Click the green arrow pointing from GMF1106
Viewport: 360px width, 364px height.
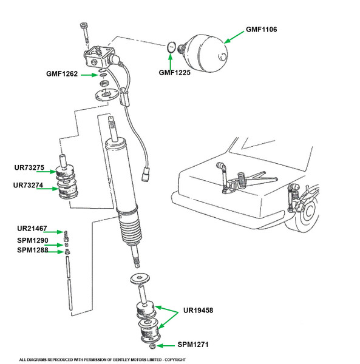click(x=234, y=36)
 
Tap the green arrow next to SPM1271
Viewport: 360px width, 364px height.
click(x=168, y=345)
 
